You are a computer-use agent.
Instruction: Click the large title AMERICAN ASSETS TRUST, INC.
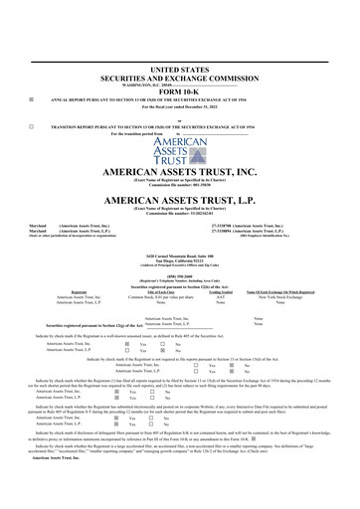[x=179, y=172]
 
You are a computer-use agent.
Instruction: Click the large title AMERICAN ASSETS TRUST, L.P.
[x=179, y=200]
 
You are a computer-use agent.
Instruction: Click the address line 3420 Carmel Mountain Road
[x=179, y=255]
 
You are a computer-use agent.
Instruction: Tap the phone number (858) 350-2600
[x=179, y=277]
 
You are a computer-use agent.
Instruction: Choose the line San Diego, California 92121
[x=179, y=260]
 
